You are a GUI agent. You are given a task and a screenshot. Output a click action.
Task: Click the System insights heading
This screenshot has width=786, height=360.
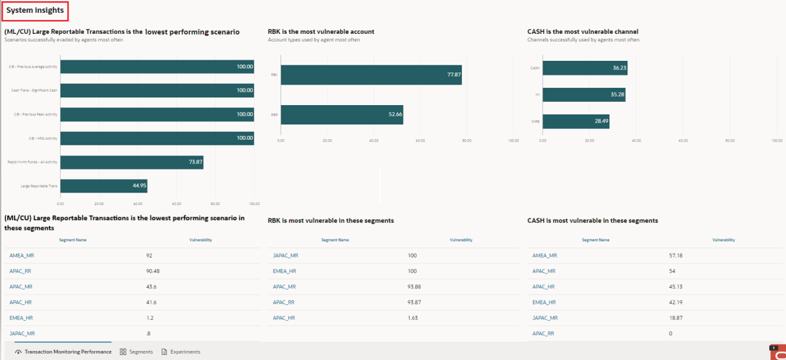[35, 10]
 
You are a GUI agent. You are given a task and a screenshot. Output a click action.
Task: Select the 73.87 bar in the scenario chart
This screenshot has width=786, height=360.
[131, 162]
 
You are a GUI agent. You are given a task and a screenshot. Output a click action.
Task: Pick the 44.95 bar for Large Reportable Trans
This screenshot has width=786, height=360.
[104, 186]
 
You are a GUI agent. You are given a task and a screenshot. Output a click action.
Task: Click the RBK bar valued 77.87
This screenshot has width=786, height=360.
[371, 75]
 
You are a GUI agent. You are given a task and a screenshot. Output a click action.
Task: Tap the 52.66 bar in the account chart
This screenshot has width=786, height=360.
[341, 115]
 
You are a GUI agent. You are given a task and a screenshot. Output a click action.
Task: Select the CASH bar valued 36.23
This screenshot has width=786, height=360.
[585, 68]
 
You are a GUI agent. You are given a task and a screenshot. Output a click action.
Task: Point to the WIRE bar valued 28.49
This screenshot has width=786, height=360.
[576, 121]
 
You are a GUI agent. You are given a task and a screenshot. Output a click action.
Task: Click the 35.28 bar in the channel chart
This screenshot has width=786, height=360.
[584, 95]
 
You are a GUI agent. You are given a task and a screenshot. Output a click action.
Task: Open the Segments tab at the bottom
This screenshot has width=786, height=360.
[136, 352]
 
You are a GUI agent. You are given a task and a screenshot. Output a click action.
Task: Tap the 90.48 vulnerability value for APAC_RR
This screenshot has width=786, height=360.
[153, 271]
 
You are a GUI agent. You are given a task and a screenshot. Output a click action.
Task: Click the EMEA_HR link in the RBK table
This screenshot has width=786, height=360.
[284, 271]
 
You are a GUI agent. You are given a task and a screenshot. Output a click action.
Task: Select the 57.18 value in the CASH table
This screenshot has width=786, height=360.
[676, 256]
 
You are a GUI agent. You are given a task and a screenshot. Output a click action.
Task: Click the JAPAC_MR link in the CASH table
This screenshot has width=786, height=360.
[545, 318]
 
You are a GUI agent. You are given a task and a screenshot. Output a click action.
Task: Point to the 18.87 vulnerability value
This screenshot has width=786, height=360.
[676, 318]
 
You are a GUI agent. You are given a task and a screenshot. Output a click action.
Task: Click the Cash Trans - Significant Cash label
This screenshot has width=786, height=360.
[35, 90]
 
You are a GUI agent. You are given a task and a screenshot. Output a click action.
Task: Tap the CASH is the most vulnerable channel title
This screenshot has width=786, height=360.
[582, 31]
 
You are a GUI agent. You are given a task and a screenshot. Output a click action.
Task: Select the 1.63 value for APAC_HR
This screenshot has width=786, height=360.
[413, 318]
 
